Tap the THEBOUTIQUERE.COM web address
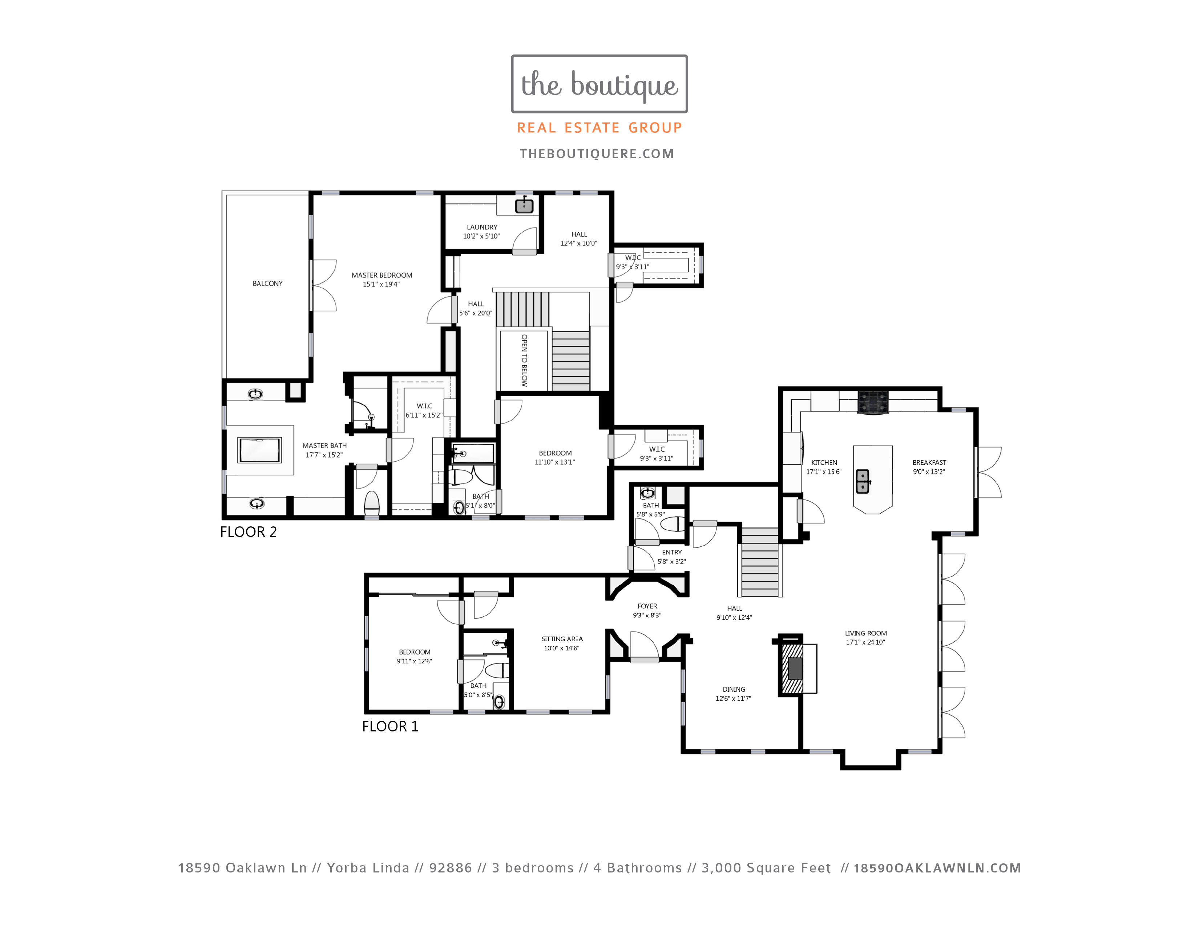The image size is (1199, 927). point(597,154)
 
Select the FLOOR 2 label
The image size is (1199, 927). point(248,531)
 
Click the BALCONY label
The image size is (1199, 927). point(267,284)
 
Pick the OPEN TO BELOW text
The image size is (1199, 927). point(524,360)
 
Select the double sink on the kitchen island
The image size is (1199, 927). point(863,481)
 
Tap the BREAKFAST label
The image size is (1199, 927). point(929,462)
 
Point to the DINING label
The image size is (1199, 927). point(734,689)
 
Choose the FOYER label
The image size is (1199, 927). point(647,606)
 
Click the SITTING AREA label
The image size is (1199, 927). point(562,639)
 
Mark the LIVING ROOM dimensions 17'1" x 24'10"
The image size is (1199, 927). point(865,642)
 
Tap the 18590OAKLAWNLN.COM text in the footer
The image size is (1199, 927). point(937,868)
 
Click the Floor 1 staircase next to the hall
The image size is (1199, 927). point(760,562)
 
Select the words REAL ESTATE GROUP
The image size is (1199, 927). point(599,128)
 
